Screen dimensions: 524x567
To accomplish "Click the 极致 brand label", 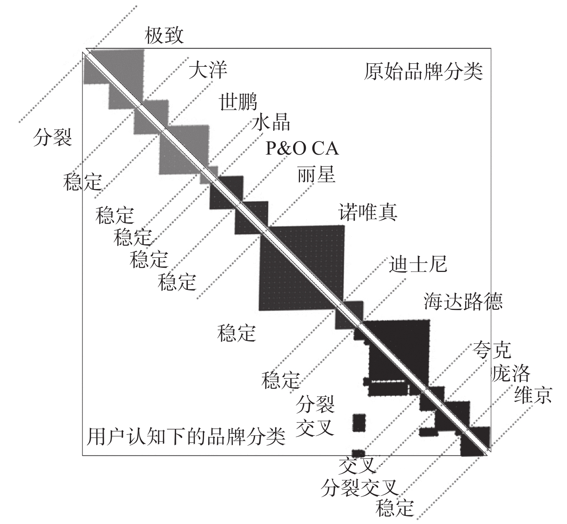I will (164, 36).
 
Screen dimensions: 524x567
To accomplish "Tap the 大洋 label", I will (207, 70).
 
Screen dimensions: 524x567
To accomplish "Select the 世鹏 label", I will (238, 102).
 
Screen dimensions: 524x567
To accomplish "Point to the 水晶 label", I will (271, 122).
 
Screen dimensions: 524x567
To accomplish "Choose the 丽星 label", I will (316, 175).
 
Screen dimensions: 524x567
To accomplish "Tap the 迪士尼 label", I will (418, 264).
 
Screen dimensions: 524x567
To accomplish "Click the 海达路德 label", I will (463, 302).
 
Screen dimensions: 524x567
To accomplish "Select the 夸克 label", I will (492, 349).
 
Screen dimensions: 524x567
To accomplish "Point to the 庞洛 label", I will (511, 373).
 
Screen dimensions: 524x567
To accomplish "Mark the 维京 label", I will (533, 395).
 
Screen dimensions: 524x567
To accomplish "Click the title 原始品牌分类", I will (423, 71).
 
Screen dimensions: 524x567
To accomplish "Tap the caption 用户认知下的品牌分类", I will (186, 437).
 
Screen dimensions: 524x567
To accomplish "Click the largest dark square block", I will (302, 268).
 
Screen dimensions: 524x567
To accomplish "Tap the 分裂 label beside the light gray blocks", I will (53, 137).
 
